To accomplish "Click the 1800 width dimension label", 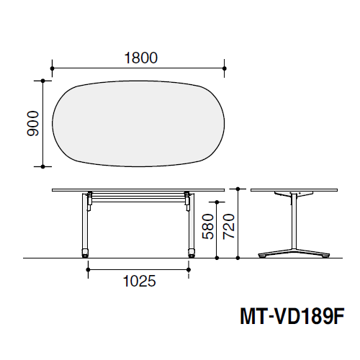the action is click(141, 58).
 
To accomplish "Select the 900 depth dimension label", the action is click(33, 124).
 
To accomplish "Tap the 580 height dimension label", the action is click(208, 227).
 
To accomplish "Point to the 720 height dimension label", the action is click(229, 227).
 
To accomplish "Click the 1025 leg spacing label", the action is click(139, 281).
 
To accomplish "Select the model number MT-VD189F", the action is click(292, 317).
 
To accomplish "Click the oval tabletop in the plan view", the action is click(138, 124).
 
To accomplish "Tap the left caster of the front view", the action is click(85, 253).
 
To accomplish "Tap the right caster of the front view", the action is click(192, 253).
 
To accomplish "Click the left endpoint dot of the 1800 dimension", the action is click(53, 68).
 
